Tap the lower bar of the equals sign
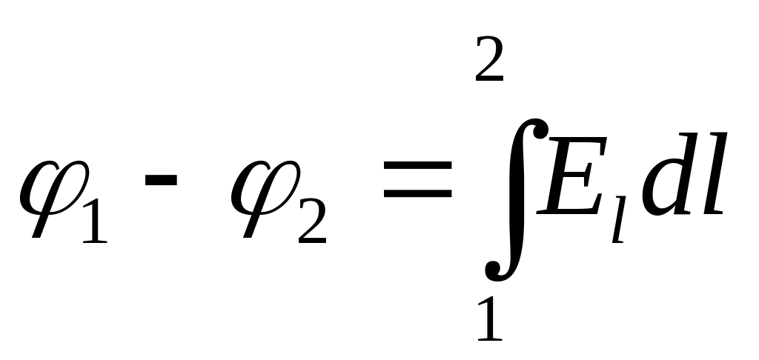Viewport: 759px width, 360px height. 417,195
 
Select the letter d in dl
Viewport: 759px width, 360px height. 663,178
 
